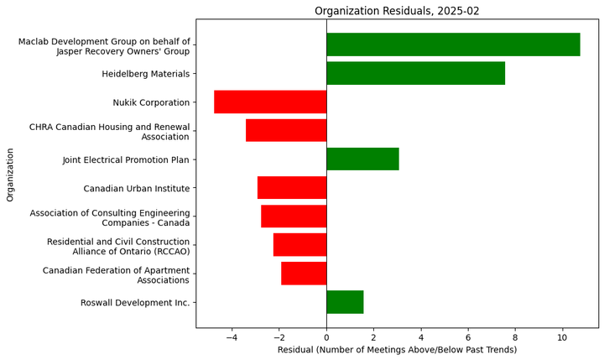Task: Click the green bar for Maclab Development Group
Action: click(x=453, y=44)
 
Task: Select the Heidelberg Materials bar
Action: click(x=415, y=73)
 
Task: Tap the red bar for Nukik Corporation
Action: click(x=270, y=102)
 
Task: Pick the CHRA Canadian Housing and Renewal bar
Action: click(x=286, y=130)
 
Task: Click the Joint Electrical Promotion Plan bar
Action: click(x=362, y=159)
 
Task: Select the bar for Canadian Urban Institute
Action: click(x=292, y=187)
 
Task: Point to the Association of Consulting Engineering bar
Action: click(x=294, y=216)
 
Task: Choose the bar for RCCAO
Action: click(x=299, y=244)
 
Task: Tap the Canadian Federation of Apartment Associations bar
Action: click(x=304, y=273)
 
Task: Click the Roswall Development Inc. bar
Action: click(x=345, y=301)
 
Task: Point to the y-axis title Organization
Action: click(x=10, y=175)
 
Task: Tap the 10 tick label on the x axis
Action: click(x=562, y=336)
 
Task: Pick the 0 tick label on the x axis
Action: click(x=326, y=336)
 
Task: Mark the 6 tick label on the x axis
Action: click(x=468, y=336)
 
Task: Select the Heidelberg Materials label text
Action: click(x=146, y=74)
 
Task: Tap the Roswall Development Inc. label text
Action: click(x=135, y=302)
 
